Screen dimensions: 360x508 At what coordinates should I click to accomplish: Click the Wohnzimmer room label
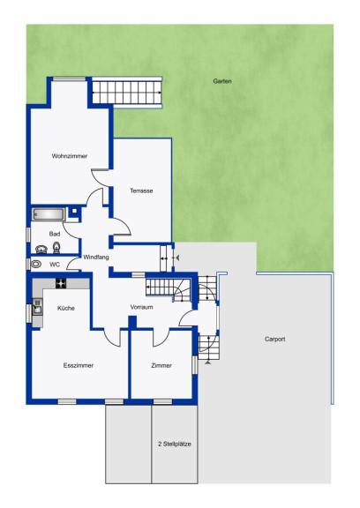70,156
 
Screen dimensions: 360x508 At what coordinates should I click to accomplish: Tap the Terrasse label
141,190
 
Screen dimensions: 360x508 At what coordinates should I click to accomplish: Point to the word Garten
222,81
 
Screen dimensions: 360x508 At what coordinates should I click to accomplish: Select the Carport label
274,339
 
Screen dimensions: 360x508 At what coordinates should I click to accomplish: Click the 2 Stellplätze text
175,444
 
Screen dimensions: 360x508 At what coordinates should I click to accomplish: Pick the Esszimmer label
79,365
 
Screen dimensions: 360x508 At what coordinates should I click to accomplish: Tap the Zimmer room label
161,365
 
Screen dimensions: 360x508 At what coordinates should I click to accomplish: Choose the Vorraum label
141,307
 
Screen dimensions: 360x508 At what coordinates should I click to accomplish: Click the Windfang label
96,258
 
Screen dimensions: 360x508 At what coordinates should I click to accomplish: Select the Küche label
66,308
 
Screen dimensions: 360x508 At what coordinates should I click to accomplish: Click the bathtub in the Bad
49,214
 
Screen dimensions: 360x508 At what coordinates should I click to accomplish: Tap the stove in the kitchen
61,283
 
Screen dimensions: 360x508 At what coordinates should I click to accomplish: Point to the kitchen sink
38,306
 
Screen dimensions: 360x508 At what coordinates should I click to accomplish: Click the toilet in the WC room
35,264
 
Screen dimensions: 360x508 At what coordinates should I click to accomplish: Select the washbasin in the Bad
41,249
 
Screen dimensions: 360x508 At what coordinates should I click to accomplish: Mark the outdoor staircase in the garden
127,93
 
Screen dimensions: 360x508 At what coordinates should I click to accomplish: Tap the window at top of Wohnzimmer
70,78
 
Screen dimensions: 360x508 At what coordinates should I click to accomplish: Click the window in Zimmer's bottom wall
162,402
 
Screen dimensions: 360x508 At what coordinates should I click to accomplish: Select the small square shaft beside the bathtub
74,211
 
